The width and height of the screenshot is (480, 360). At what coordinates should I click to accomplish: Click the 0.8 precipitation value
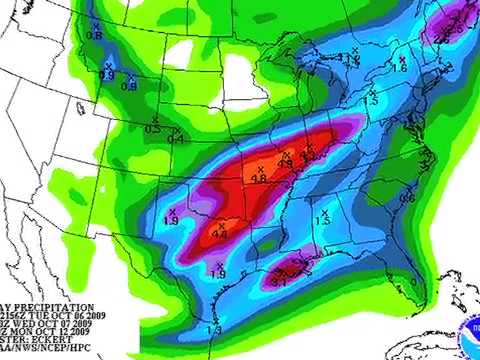[x=95, y=36]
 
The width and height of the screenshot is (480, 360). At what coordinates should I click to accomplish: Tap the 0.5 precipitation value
[x=153, y=130]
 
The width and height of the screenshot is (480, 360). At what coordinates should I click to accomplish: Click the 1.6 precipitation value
[x=400, y=68]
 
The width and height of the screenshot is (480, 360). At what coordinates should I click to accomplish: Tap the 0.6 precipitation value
[x=408, y=198]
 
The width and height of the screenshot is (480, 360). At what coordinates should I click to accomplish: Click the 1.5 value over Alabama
[x=323, y=221]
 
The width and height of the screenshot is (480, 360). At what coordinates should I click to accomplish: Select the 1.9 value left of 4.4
[x=170, y=220]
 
